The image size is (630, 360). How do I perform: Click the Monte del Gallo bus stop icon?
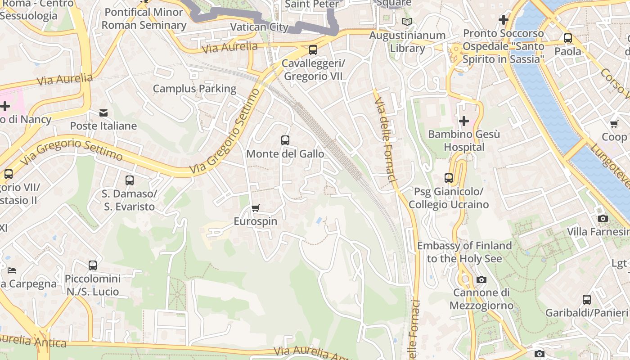pyautogui.click(x=285, y=140)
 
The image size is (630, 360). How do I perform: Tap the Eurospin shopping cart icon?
pyautogui.click(x=256, y=208)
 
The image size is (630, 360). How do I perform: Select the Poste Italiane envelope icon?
pyautogui.click(x=103, y=112)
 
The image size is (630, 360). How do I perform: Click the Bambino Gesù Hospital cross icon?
pyautogui.click(x=463, y=121)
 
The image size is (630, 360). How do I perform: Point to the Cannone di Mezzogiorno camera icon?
pyautogui.click(x=481, y=280)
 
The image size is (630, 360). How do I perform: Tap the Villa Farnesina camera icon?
pyautogui.click(x=603, y=219)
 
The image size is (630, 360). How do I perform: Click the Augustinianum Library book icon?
pyautogui.click(x=407, y=22)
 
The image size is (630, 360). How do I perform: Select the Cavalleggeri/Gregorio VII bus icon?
pyautogui.click(x=313, y=50)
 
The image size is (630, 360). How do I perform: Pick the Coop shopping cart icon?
pyautogui.click(x=614, y=124)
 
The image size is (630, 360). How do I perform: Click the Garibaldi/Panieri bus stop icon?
pyautogui.click(x=586, y=299)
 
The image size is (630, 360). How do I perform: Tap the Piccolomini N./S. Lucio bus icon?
pyautogui.click(x=93, y=265)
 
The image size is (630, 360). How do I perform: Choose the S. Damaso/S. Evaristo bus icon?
pyautogui.click(x=130, y=180)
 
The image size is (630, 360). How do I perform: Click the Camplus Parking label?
pyautogui.click(x=194, y=89)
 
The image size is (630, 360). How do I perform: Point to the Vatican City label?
pyautogui.click(x=259, y=27)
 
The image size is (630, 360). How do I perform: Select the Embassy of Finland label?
pyautogui.click(x=464, y=252)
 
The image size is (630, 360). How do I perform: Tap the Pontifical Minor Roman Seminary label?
pyautogui.click(x=144, y=18)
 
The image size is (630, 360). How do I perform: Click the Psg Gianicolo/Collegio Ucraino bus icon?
pyautogui.click(x=448, y=178)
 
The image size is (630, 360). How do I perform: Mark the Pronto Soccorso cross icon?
pyautogui.click(x=504, y=20)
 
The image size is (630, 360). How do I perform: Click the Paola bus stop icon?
pyautogui.click(x=567, y=38)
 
